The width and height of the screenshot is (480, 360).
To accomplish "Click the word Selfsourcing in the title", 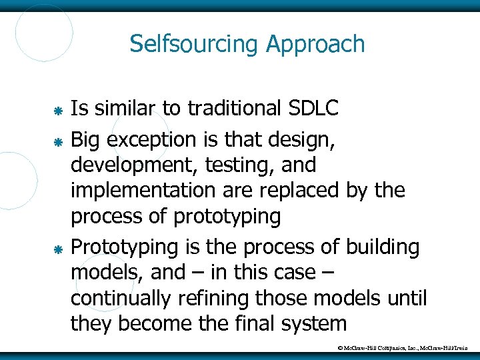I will pyautogui.click(x=194, y=44).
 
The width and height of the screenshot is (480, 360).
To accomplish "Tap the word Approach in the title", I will pyautogui.click(x=315, y=45).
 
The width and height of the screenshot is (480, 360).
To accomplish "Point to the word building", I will pyautogui.click(x=382, y=247).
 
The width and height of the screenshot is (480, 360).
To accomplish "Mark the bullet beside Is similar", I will pyautogui.click(x=58, y=109).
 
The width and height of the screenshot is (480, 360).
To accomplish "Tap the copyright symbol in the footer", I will pyautogui.click(x=341, y=347).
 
